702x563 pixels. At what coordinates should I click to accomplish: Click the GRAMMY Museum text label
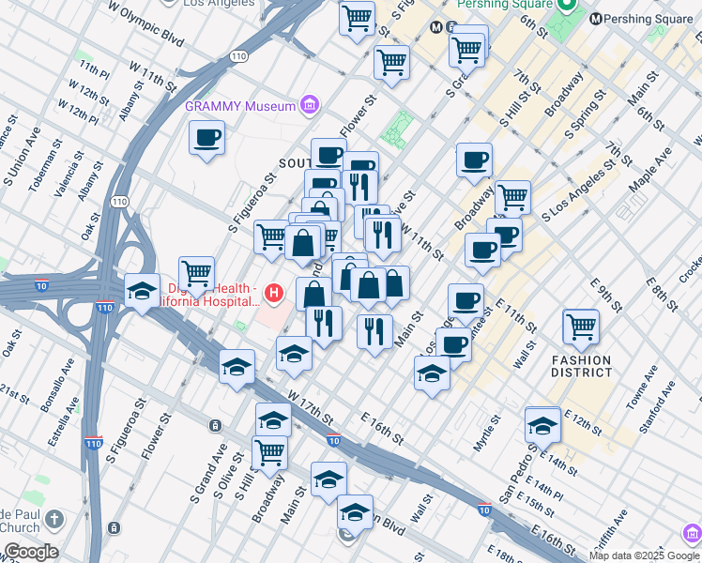(239, 106)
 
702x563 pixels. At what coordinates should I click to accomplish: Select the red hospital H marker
(273, 295)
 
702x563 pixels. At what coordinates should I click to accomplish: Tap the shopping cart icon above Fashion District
(581, 327)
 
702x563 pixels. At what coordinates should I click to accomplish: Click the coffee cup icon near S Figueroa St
(206, 137)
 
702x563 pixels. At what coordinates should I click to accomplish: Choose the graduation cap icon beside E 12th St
(542, 424)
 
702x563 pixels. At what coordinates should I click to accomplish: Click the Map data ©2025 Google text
(644, 555)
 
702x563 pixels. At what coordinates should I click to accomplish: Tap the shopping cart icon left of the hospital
(196, 274)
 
